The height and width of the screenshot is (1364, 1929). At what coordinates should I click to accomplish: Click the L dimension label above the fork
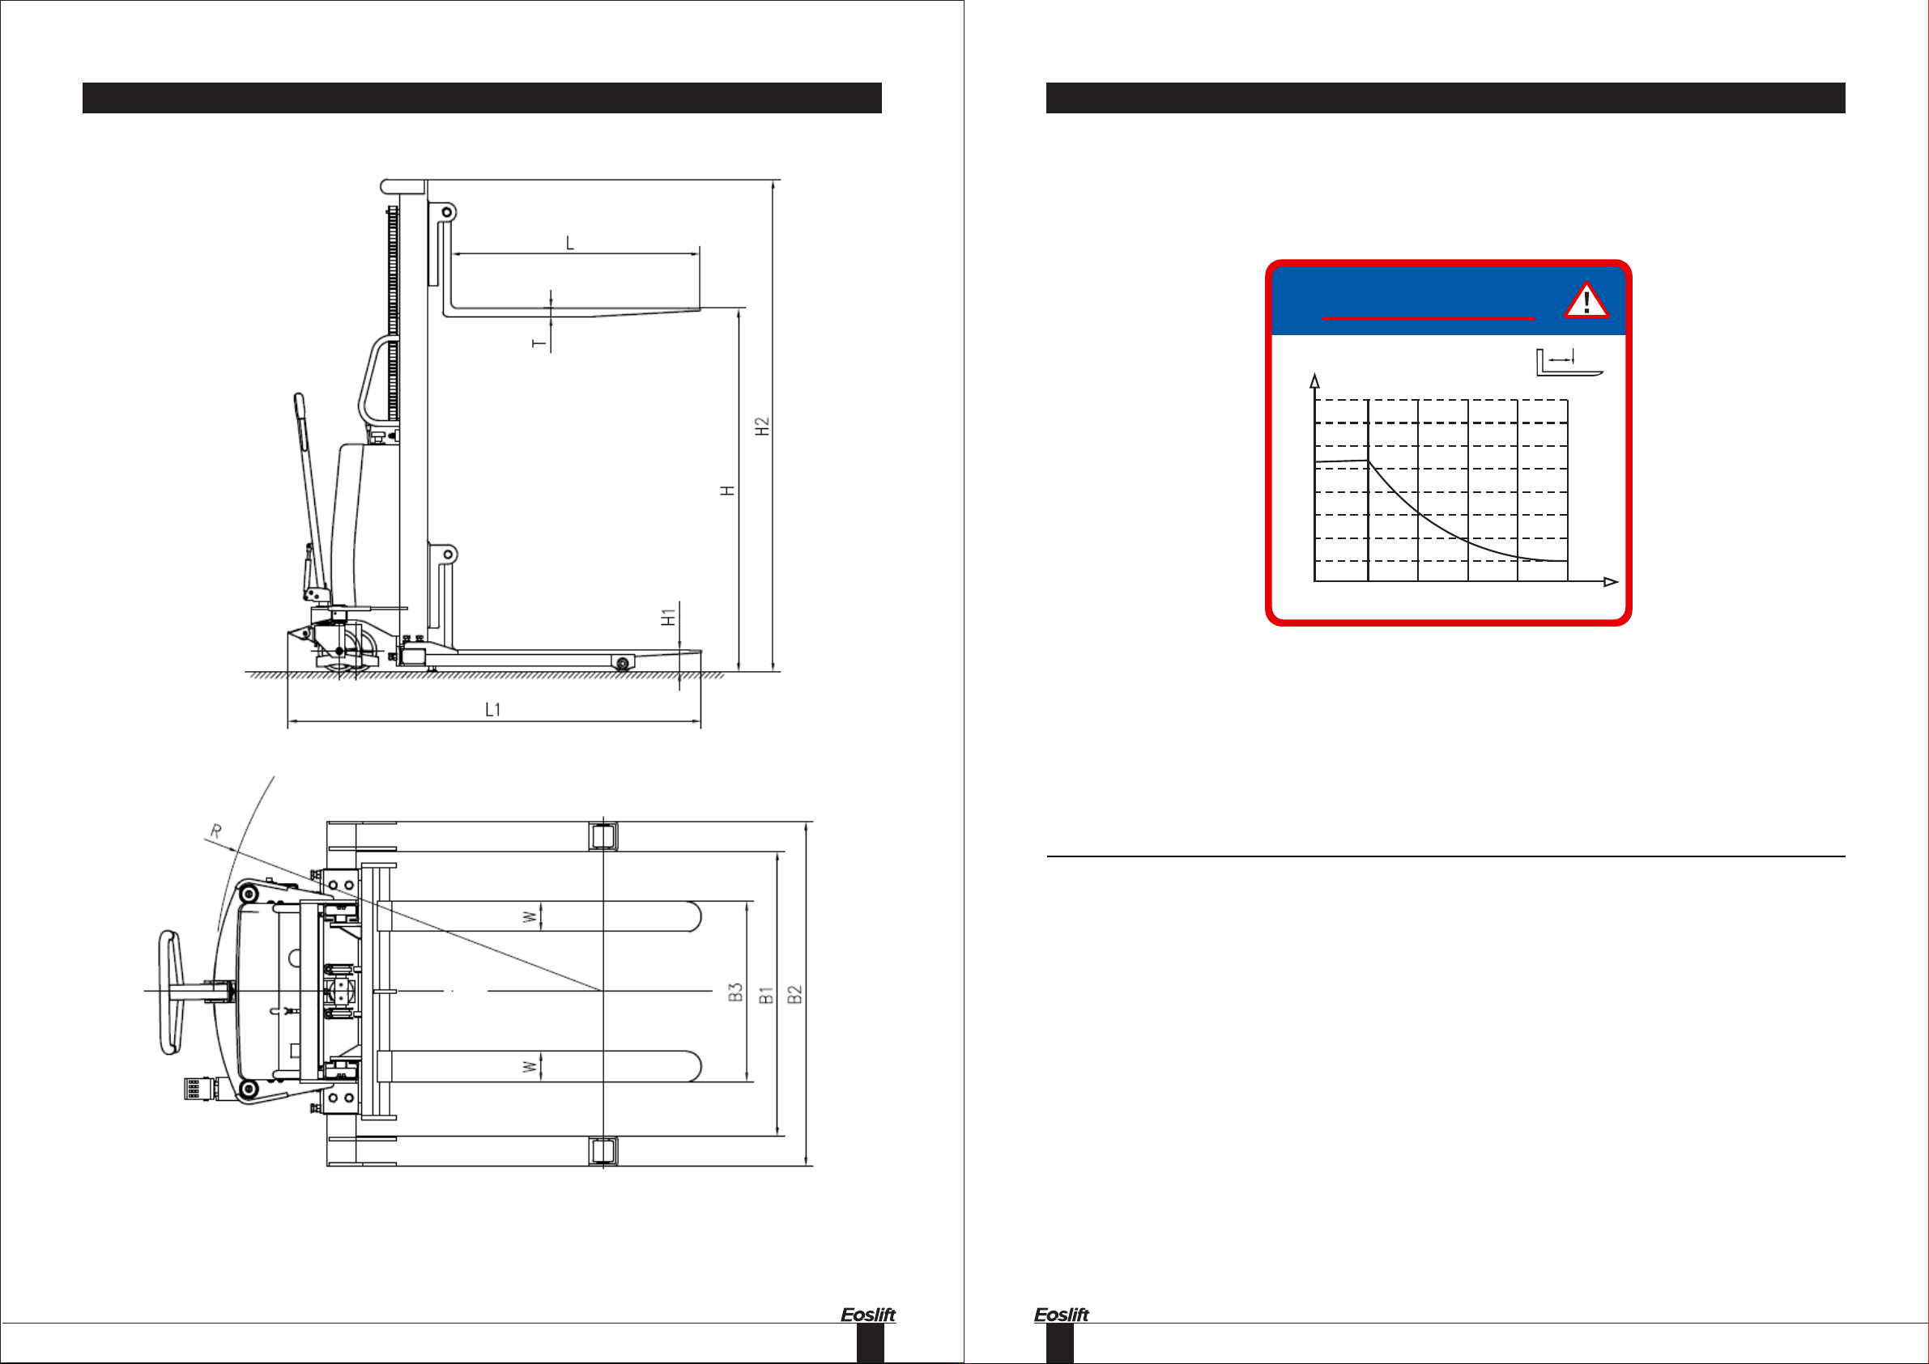[569, 244]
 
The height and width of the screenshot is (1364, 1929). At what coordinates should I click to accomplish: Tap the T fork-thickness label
[539, 342]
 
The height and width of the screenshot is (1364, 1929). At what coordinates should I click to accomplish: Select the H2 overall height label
[762, 426]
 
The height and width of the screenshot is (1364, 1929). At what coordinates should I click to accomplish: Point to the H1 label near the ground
[668, 618]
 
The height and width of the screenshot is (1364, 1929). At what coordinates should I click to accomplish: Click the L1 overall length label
[493, 710]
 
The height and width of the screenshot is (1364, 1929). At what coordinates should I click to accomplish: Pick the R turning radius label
[216, 831]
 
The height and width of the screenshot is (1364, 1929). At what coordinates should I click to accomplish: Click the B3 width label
[735, 992]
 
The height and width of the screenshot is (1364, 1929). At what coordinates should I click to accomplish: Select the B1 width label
[765, 996]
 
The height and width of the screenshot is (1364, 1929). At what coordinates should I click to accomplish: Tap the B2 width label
[794, 994]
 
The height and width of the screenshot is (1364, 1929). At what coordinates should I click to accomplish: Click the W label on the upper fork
[530, 917]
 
